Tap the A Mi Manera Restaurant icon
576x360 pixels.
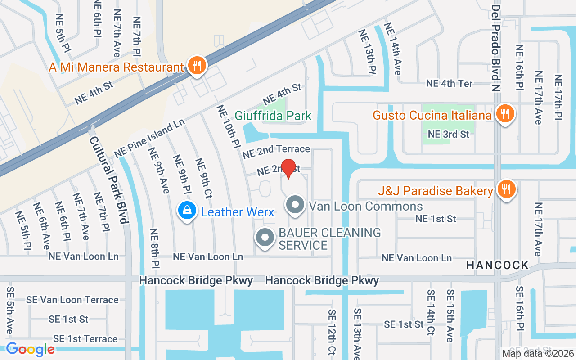pos(197,66)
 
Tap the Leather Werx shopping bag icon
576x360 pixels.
pos(186,211)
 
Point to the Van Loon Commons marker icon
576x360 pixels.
pos(295,206)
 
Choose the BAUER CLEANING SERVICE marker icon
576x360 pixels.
pos(265,238)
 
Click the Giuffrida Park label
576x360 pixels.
pos(273,116)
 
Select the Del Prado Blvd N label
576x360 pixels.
pos(496,48)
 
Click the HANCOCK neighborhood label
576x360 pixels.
pos(498,265)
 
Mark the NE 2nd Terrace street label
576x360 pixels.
pos(276,152)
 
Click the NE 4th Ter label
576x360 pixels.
pos(450,84)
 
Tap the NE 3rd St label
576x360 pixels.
pos(448,134)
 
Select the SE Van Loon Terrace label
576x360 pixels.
pos(72,300)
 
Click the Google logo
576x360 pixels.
pos(30,349)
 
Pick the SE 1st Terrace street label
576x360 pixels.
pos(85,338)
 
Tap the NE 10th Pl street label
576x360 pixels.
pos(229,127)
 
